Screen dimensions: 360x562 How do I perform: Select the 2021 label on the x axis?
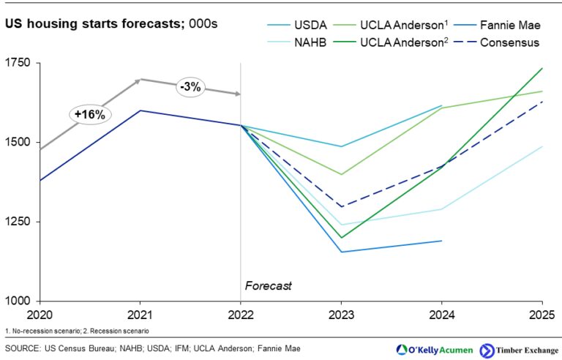pyautogui.click(x=140, y=315)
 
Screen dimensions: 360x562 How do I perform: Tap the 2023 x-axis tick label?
pyautogui.click(x=341, y=315)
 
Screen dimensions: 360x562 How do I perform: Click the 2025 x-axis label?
pyautogui.click(x=542, y=315)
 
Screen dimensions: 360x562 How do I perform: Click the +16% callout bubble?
pyautogui.click(x=88, y=114)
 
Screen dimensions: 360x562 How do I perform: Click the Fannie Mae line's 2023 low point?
pyautogui.click(x=341, y=252)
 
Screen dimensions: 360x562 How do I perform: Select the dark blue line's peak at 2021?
pyautogui.click(x=140, y=110)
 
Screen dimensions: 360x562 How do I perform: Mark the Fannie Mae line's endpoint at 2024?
pyautogui.click(x=441, y=241)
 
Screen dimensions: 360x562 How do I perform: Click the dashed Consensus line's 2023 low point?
pyautogui.click(x=341, y=206)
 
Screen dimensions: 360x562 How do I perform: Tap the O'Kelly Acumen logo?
pyautogui.click(x=432, y=348)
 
